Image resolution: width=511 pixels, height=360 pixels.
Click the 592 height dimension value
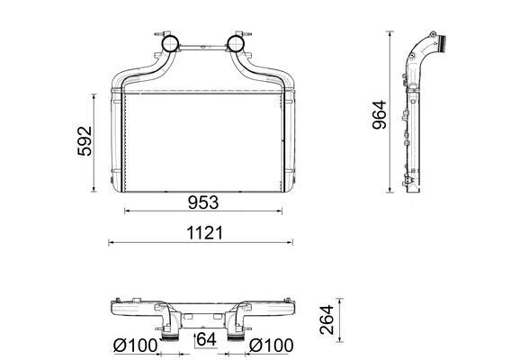click(x=85, y=141)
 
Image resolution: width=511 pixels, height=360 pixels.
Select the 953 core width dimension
click(x=203, y=202)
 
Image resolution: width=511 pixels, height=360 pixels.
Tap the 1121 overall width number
click(x=204, y=233)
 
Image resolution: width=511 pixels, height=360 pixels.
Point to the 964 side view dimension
click(x=380, y=115)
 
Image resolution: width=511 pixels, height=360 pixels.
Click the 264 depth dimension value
click(x=327, y=319)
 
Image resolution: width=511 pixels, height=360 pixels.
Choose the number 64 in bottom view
click(x=207, y=339)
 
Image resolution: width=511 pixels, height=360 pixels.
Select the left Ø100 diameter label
click(x=135, y=346)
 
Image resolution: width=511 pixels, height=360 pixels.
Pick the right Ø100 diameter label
click(x=271, y=346)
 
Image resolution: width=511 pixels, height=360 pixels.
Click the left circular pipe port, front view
click(x=170, y=43)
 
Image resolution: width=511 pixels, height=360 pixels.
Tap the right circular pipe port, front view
click(x=236, y=43)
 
